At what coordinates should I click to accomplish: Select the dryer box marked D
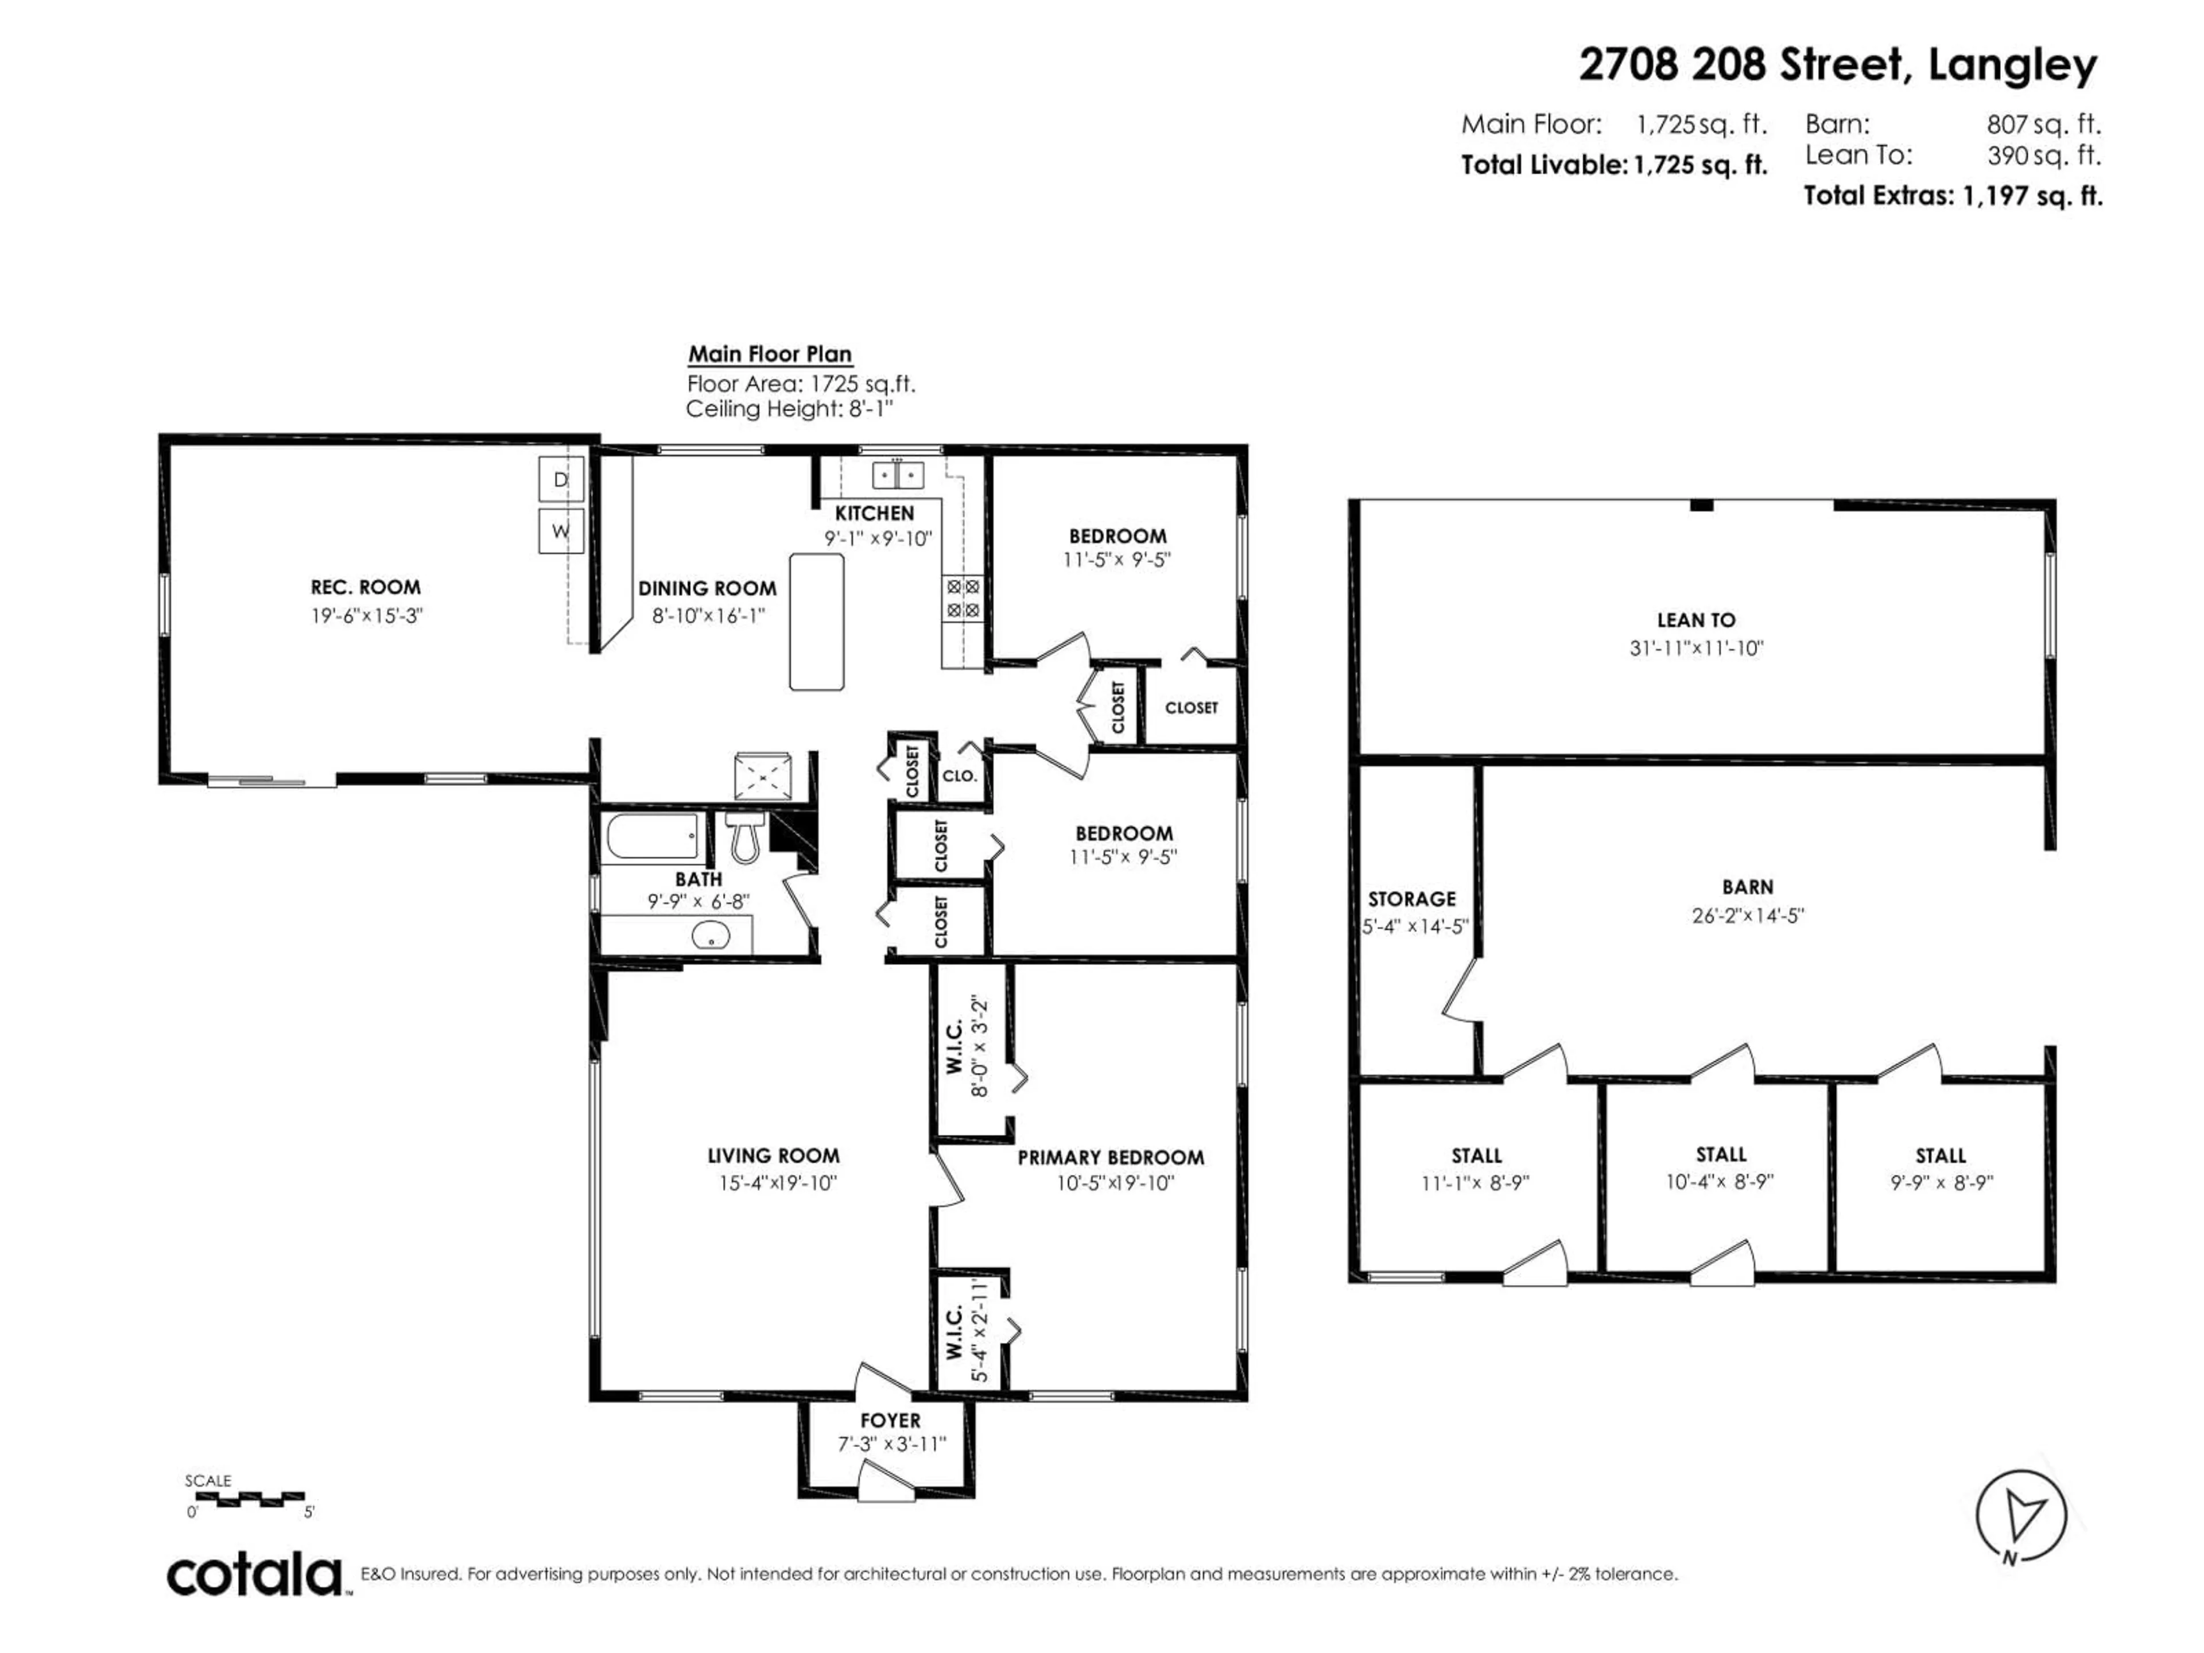pos(560,479)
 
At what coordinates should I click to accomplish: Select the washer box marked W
pos(560,531)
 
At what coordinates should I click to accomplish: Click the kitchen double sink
pos(898,475)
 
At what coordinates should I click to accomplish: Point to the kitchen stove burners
pos(963,599)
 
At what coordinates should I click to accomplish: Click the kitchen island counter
pos(816,622)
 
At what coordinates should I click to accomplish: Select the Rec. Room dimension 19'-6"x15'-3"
pos(367,616)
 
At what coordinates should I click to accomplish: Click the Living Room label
pos(773,1156)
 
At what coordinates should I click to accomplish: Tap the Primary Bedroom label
pos(1110,1158)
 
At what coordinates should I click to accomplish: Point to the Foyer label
pos(890,1420)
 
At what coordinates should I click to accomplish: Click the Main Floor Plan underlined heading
pos(769,354)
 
